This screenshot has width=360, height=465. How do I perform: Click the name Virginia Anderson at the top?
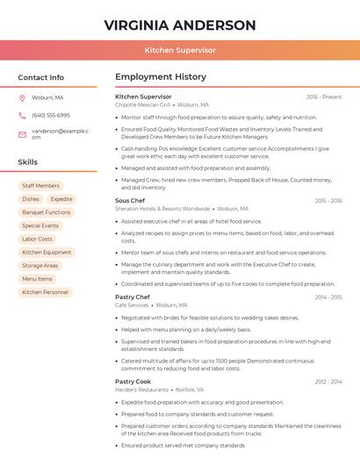coord(180,25)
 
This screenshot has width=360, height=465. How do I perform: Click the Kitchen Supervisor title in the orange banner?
coord(180,50)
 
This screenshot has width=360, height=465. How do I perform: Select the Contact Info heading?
coord(41,77)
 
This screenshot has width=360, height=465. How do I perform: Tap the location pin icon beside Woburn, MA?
coord(22,98)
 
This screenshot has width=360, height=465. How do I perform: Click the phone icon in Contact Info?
coord(22,115)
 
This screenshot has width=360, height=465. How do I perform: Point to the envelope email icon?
coord(22,134)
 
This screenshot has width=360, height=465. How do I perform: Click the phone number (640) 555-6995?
coord(51,115)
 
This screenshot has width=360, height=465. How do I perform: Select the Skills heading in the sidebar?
coord(28,162)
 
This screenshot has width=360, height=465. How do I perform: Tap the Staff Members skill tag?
coord(40,186)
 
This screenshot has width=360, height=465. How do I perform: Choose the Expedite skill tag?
coord(61,199)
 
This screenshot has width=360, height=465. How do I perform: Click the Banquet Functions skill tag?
coord(47,212)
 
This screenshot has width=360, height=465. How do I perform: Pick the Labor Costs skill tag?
coord(37,239)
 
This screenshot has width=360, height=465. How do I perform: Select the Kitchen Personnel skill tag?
coord(45,292)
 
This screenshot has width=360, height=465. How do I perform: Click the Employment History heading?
coord(161,77)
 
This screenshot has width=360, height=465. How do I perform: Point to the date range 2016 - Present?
coord(324,97)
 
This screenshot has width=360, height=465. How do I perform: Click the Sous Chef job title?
coord(130,201)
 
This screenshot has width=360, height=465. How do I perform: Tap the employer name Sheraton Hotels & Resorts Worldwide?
coord(162,209)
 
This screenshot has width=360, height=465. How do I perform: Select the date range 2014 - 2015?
coord(328,297)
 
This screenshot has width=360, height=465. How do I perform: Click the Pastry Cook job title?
coord(133,382)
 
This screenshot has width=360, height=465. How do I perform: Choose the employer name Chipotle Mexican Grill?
coord(142,104)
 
